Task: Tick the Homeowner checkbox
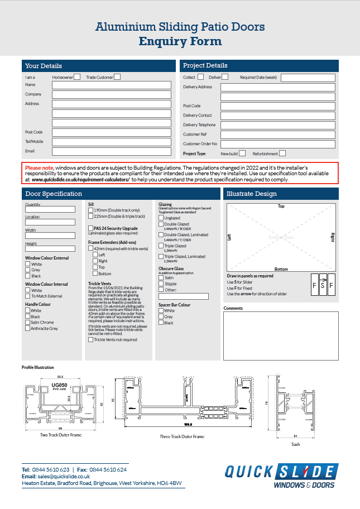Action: click(77, 77)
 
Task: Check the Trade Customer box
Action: click(117, 77)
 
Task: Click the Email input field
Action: click(112, 151)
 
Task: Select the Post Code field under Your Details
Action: click(112, 132)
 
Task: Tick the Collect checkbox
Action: click(201, 77)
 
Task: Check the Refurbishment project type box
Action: click(282, 153)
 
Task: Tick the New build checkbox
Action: click(242, 153)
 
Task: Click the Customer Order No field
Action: click(277, 144)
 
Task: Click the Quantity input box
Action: click(50, 210)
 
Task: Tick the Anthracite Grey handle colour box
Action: click(28, 329)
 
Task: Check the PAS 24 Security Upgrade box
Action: click(91, 228)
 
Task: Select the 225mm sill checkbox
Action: click(91, 216)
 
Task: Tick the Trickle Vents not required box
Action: click(91, 339)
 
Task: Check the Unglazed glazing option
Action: click(161, 218)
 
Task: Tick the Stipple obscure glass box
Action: click(161, 284)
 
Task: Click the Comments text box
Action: click(281, 335)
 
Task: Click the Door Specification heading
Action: click(54, 194)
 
